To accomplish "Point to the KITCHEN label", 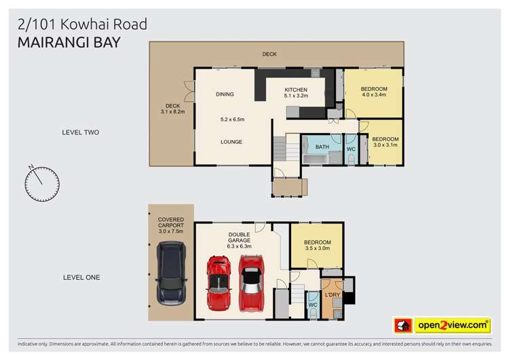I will [x=296, y=90].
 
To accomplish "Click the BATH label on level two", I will [x=322, y=147].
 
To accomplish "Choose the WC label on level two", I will [x=351, y=148].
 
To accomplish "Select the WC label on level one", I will [x=312, y=304].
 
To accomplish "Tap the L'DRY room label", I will [x=332, y=294].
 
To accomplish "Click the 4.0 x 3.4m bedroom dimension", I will [x=373, y=95].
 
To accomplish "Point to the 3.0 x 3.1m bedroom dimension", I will [x=385, y=144].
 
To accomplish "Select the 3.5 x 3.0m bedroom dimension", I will [x=317, y=249].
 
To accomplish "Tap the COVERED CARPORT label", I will [x=170, y=222].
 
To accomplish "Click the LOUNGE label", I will [x=231, y=142].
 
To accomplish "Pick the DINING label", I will [x=225, y=94].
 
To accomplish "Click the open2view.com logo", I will [x=453, y=325].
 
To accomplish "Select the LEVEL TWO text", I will [x=81, y=132].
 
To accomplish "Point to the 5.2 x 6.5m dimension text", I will [x=232, y=120].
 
